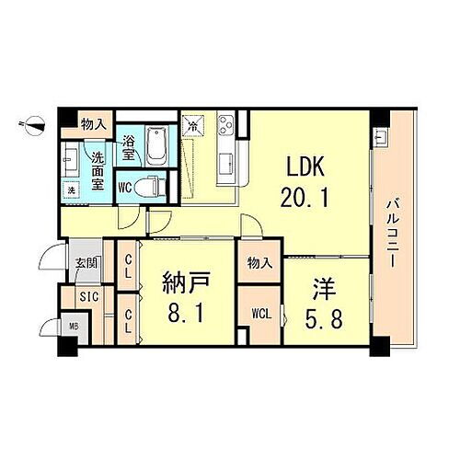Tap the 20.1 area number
(304, 196)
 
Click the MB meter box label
(72, 325)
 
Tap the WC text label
(126, 186)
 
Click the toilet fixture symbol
(154, 184)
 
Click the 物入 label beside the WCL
(259, 262)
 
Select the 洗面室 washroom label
(98, 168)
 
